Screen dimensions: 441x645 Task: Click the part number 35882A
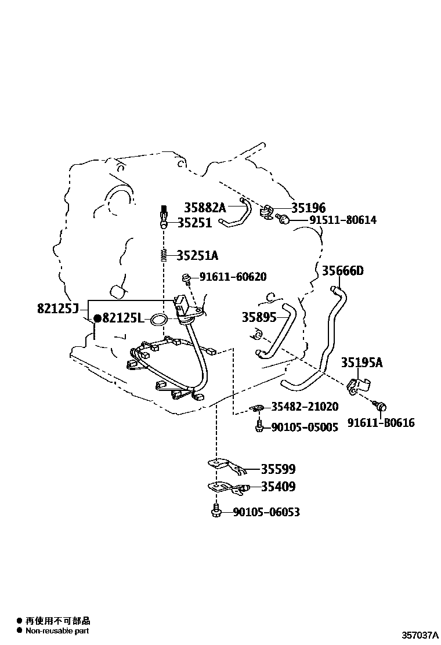pos(205,207)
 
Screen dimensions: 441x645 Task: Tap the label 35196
pos(309,208)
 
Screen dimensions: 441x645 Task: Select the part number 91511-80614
pos(343,220)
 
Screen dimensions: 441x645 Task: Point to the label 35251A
pos(197,255)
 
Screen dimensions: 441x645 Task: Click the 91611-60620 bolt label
pos(233,277)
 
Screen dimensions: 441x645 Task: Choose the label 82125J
pos(57,308)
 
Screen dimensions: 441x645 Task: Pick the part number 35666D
pos(343,271)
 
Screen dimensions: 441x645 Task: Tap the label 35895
pos(259,317)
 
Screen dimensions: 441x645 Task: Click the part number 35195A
pos(362,363)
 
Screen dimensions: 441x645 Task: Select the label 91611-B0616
pos(381,422)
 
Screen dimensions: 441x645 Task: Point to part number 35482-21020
pos(305,407)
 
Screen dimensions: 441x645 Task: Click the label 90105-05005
pos(305,427)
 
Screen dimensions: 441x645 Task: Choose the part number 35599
pos(278,469)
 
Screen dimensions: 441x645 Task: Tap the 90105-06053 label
pos(266,512)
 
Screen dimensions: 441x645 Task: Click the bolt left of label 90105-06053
pos(216,510)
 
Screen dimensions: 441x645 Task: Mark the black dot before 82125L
pos(97,318)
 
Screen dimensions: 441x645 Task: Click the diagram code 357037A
pos(421,636)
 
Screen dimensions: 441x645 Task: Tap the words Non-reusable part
pos(57,630)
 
